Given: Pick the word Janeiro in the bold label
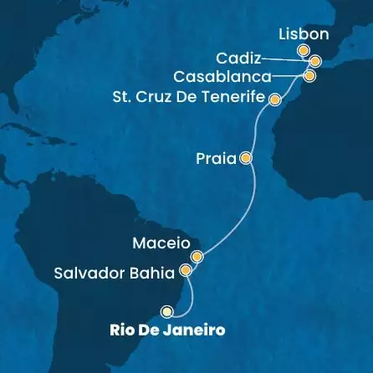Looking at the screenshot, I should (197, 330).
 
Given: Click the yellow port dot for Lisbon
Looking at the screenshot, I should (304, 51).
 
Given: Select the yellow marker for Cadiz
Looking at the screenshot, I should (315, 61).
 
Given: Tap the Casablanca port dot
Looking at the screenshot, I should (310, 76).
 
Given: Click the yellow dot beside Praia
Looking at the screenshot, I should (245, 157).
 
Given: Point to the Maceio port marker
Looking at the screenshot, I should (197, 257).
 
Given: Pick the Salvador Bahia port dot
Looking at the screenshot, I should (186, 271).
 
